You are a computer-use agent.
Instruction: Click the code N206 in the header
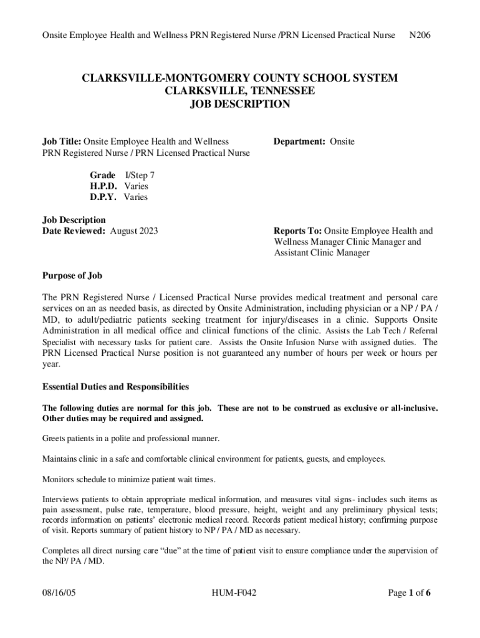(420, 36)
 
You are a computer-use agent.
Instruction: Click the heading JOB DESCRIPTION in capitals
(239, 104)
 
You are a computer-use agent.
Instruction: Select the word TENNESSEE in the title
(274, 91)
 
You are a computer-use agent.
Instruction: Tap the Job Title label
(61, 141)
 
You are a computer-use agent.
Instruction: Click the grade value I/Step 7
(140, 175)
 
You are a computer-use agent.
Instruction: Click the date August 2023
(134, 231)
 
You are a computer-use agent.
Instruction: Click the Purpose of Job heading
(72, 275)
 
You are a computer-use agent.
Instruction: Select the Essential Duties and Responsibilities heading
(115, 387)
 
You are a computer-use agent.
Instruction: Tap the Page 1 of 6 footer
(410, 593)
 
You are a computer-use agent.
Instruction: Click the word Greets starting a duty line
(54, 439)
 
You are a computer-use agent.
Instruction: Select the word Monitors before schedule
(57, 479)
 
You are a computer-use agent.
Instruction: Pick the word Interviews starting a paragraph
(60, 500)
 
